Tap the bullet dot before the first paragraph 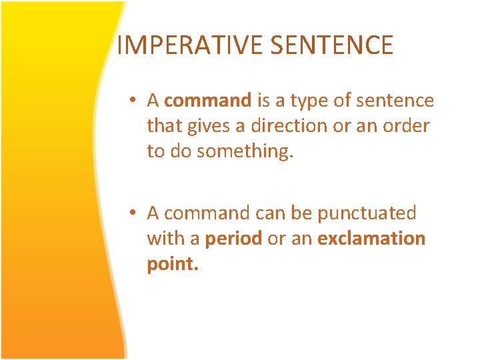click(x=134, y=101)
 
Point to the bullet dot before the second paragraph click(x=134, y=213)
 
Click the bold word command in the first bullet click(x=207, y=101)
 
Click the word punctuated click(x=366, y=213)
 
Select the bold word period click(x=234, y=239)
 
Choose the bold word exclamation click(x=371, y=239)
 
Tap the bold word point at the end click(x=173, y=264)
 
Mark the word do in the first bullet click(x=180, y=151)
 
